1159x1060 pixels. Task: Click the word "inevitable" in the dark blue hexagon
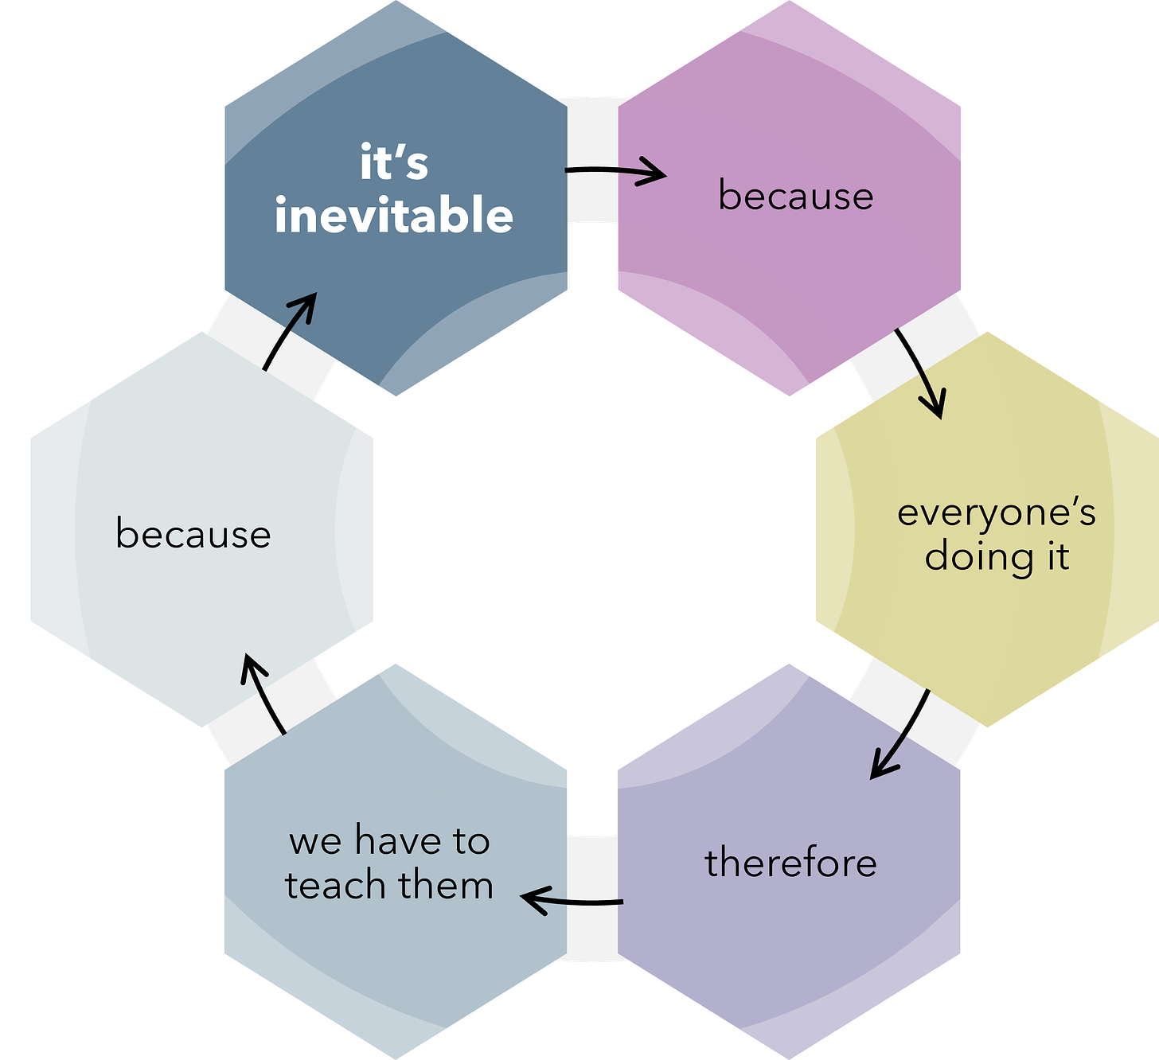pos(394,216)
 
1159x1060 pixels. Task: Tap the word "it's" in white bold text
pos(394,163)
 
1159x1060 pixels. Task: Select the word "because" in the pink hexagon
pos(795,196)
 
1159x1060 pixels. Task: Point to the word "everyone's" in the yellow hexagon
pos(997,513)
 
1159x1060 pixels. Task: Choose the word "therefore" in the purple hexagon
pos(790,863)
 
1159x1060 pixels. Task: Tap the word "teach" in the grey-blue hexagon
pos(337,885)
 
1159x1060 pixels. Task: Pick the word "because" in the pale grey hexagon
pos(193,533)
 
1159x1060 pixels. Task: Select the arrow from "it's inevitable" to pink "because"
pos(615,171)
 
